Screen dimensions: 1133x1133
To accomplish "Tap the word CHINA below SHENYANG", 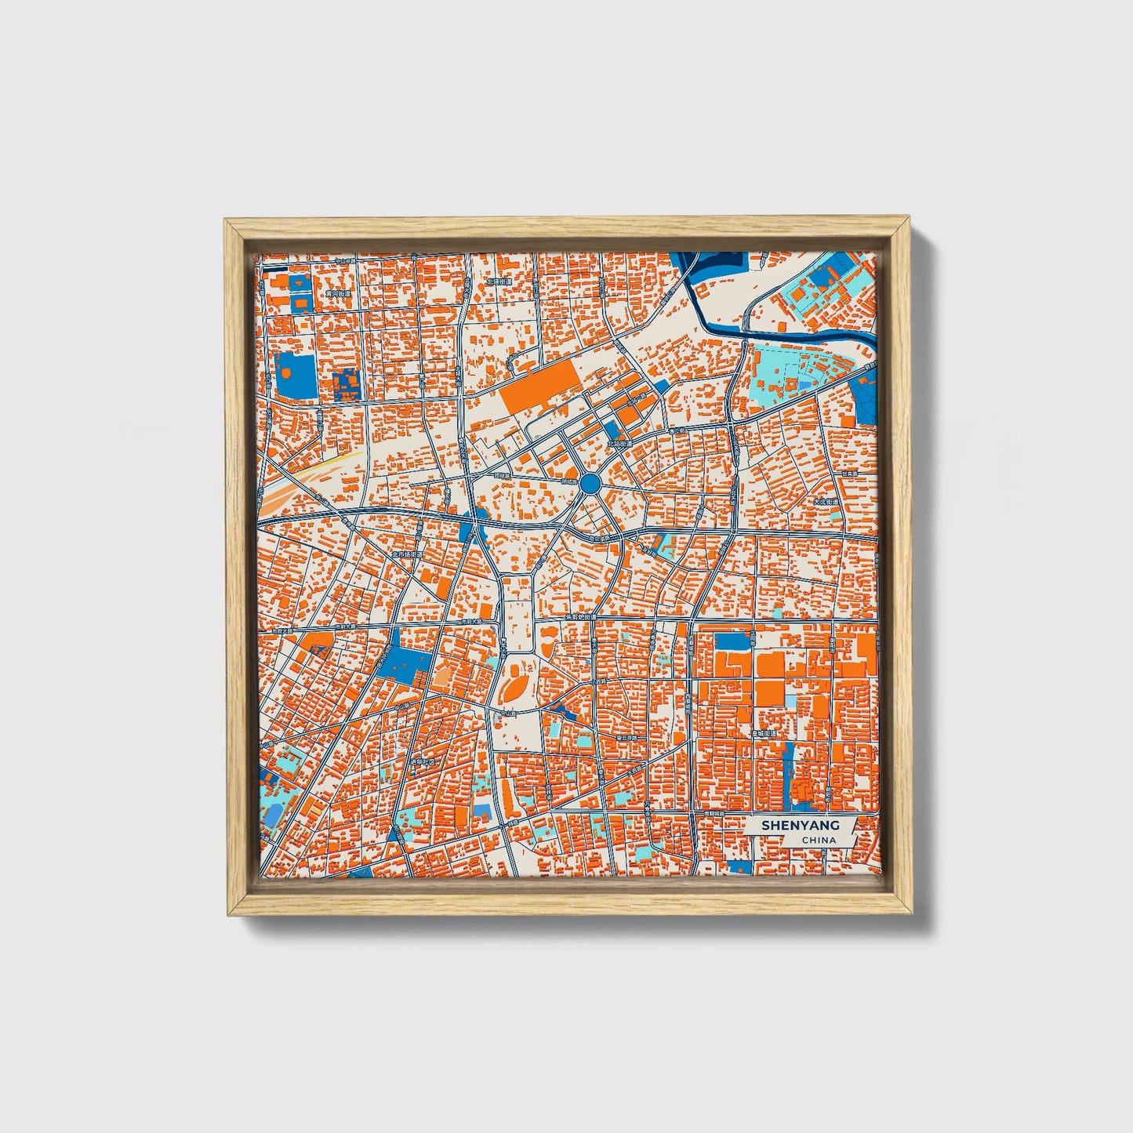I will [818, 840].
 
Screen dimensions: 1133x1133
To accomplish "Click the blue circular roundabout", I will [591, 483].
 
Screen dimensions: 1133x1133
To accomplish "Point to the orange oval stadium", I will [515, 689].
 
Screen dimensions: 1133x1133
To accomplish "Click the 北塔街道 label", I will [499, 281].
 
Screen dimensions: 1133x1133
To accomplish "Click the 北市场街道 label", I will [407, 554].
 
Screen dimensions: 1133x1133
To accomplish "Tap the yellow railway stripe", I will [329, 463].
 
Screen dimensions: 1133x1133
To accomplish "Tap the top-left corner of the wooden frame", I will [227, 222].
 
